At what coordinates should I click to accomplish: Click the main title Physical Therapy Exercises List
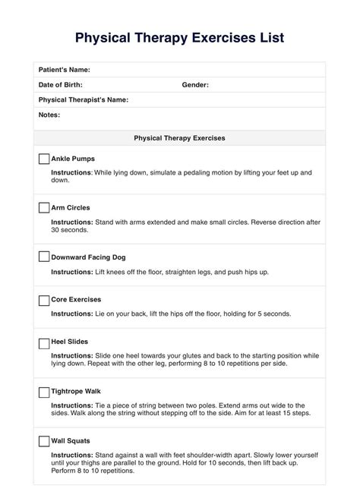(180, 37)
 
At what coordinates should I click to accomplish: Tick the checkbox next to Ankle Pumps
(44, 159)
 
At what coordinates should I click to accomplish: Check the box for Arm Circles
(44, 207)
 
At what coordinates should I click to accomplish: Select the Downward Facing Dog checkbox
(44, 257)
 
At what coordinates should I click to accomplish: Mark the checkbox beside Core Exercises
(44, 300)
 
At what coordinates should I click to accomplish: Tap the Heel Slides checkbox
(44, 342)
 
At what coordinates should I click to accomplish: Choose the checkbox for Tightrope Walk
(44, 392)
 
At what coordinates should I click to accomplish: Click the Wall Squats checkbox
(44, 440)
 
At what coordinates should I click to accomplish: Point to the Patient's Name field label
(65, 70)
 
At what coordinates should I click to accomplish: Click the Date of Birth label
(61, 85)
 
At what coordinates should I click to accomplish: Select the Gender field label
(195, 85)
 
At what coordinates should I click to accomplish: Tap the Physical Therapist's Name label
(83, 99)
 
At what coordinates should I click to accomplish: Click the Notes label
(49, 115)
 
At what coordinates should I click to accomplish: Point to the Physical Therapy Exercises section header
(179, 138)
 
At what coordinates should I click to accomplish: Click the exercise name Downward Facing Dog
(88, 257)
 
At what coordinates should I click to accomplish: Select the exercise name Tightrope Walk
(77, 392)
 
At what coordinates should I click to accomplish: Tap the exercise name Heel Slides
(68, 342)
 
